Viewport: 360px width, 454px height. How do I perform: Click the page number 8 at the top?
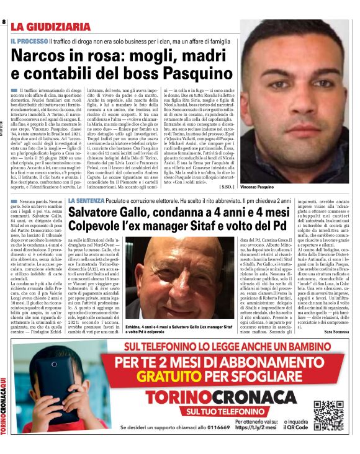(4, 22)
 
